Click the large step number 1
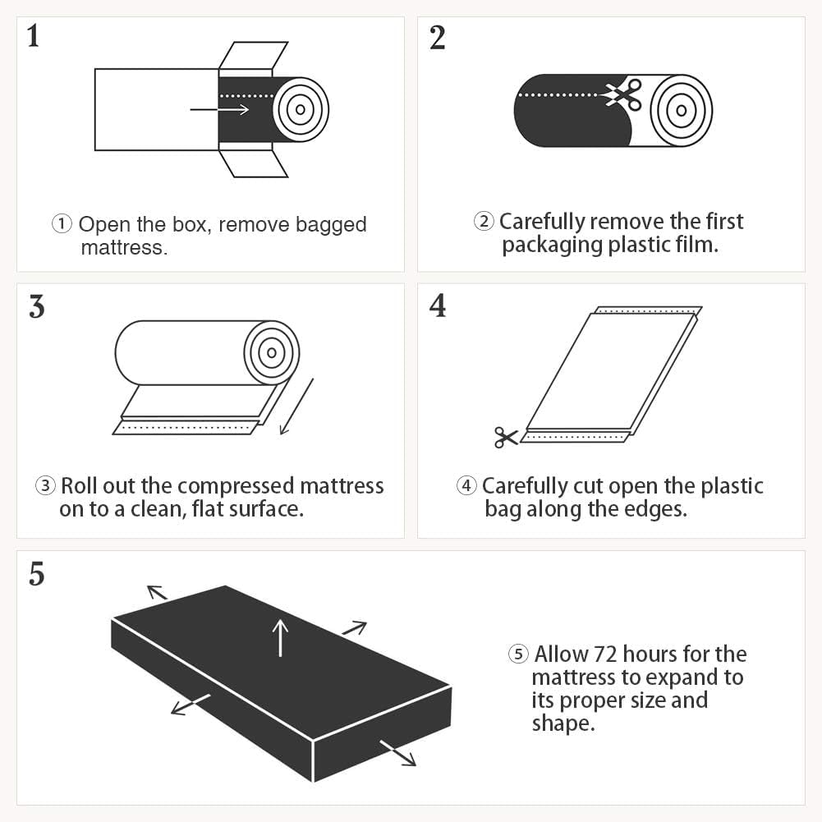click(33, 37)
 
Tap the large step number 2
click(437, 37)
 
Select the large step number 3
click(36, 305)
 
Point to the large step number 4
click(438, 305)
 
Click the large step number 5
click(36, 574)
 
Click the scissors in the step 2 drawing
click(624, 94)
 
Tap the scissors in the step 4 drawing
click(506, 437)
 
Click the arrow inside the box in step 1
click(219, 109)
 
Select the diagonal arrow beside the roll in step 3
click(296, 407)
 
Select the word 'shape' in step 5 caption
click(560, 723)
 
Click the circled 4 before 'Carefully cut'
click(466, 486)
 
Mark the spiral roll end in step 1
click(301, 109)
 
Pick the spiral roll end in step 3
click(272, 353)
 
